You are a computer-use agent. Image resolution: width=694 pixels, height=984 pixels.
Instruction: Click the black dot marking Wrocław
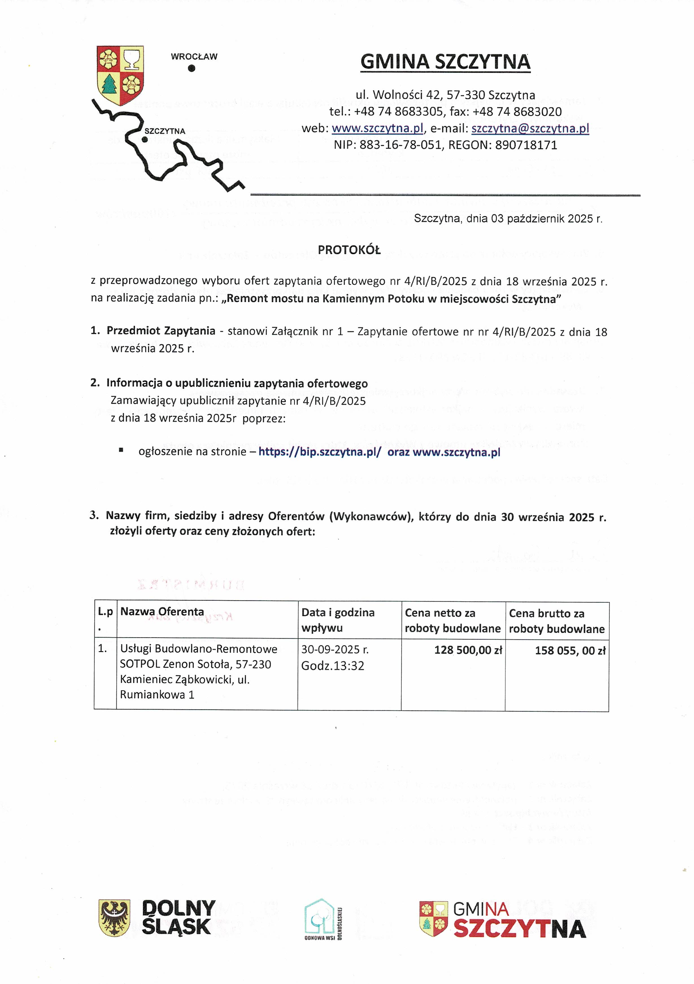192,68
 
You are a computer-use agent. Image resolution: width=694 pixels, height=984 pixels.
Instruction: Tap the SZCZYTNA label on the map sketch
165,131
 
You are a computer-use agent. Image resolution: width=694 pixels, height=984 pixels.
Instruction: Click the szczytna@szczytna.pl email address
530,128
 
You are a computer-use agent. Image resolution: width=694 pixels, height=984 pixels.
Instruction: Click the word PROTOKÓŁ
349,250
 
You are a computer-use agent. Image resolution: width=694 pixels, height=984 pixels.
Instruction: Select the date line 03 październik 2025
508,219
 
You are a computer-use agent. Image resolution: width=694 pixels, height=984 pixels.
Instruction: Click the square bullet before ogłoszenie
121,450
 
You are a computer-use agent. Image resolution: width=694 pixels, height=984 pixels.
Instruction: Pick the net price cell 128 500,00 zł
468,650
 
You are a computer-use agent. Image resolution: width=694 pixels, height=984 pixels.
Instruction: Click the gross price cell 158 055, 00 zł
570,650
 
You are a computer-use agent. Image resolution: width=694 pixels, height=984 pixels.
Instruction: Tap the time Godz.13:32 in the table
333,666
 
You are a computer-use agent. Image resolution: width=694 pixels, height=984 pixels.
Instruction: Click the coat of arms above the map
120,75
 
